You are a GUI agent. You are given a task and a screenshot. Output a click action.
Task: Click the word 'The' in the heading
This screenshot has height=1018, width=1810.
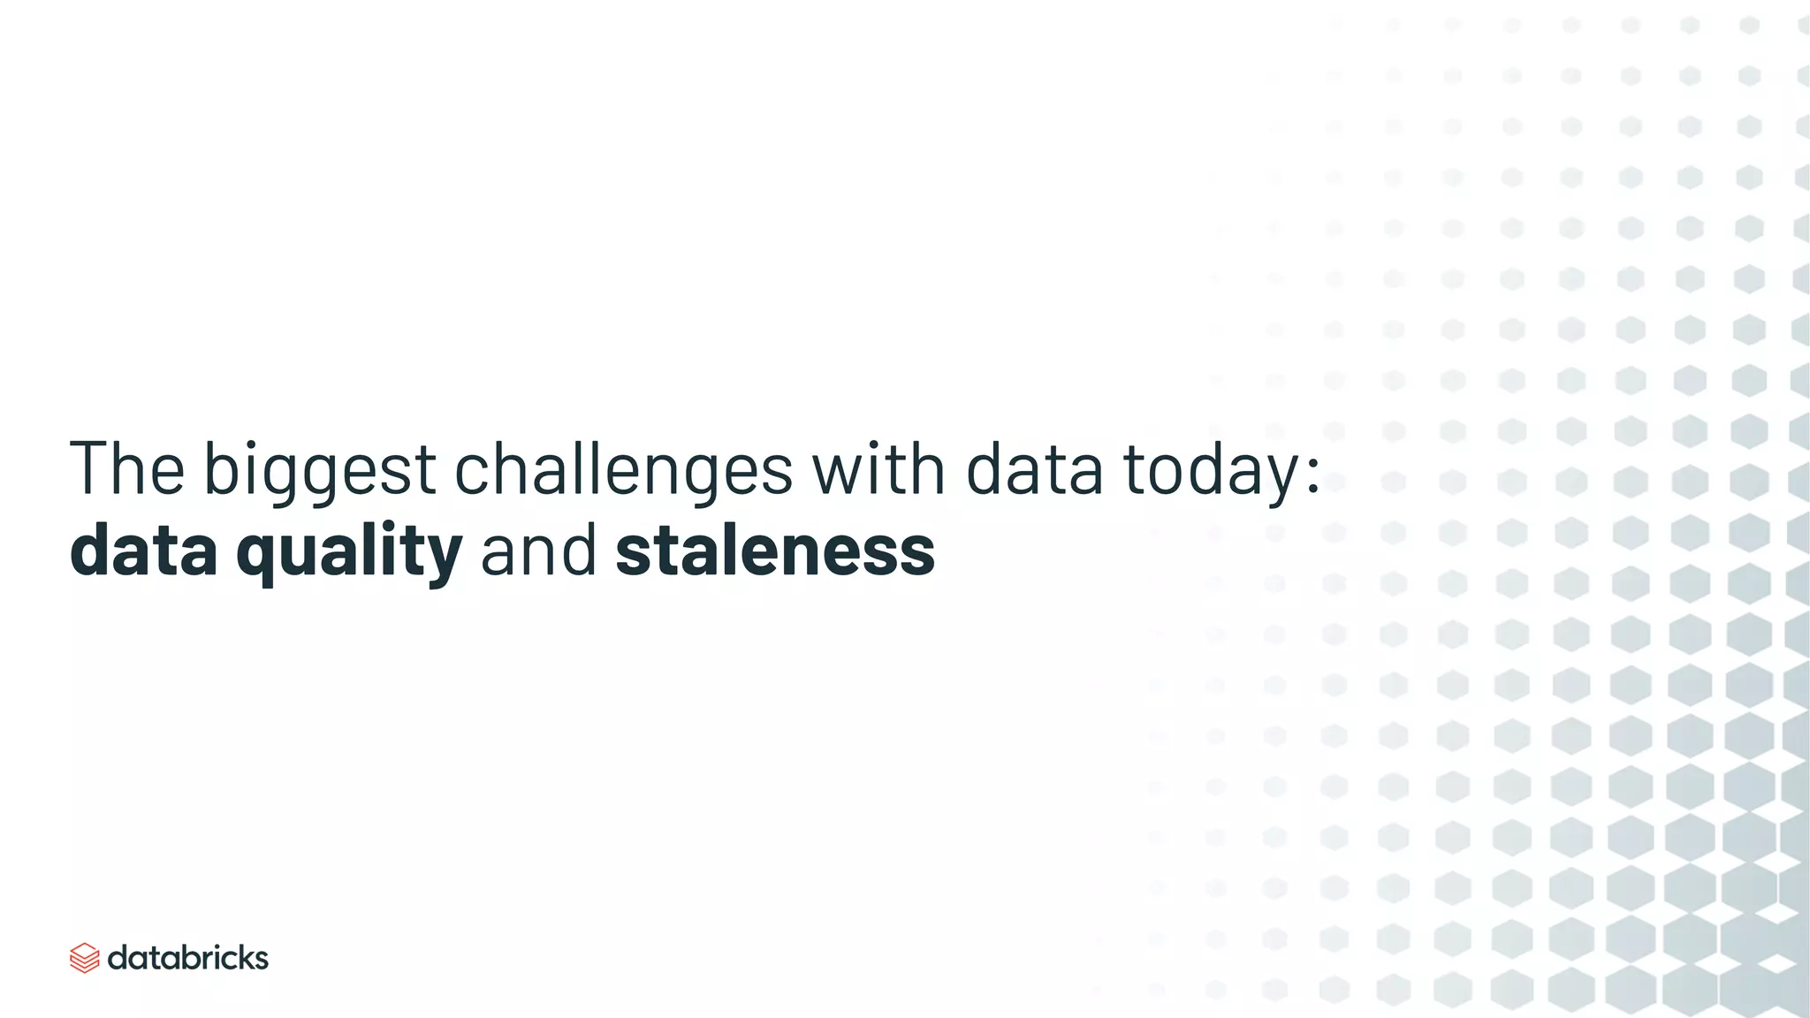click(x=127, y=468)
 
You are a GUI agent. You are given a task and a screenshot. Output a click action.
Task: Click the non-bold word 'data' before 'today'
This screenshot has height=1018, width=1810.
click(x=1034, y=469)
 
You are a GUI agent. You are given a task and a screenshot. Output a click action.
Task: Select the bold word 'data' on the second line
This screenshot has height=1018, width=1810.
click(x=143, y=550)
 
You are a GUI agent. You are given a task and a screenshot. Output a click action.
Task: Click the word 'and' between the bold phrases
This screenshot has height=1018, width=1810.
click(x=538, y=550)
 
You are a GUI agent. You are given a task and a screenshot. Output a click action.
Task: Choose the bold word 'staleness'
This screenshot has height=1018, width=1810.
click(x=775, y=550)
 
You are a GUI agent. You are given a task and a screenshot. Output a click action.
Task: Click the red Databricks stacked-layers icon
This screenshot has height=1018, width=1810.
click(x=84, y=958)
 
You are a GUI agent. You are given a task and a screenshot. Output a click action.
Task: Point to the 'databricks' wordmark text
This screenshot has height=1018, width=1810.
click(x=187, y=958)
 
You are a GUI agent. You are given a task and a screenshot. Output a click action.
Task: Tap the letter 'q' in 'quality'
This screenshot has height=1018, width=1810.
click(x=256, y=557)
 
